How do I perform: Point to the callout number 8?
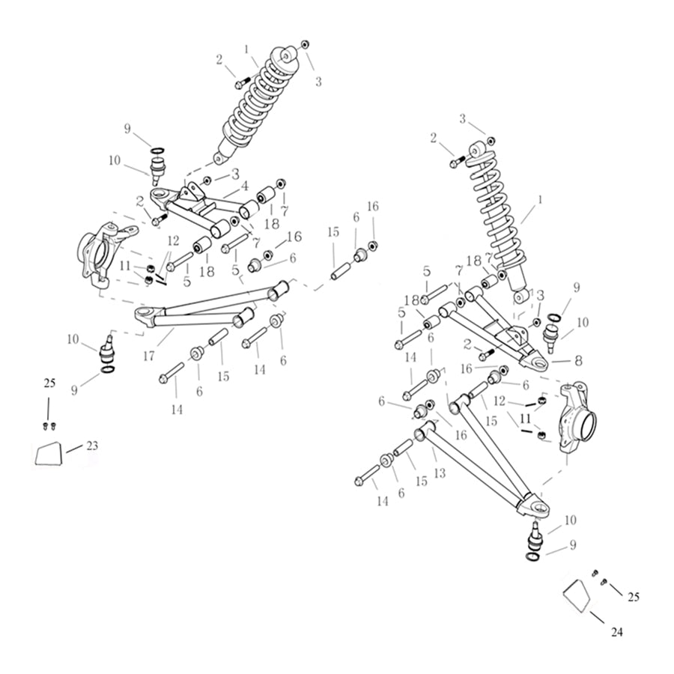[577, 359]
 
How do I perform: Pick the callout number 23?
[91, 446]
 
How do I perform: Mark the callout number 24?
[616, 632]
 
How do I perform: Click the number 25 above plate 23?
[49, 383]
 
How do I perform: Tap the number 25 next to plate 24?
[634, 597]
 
